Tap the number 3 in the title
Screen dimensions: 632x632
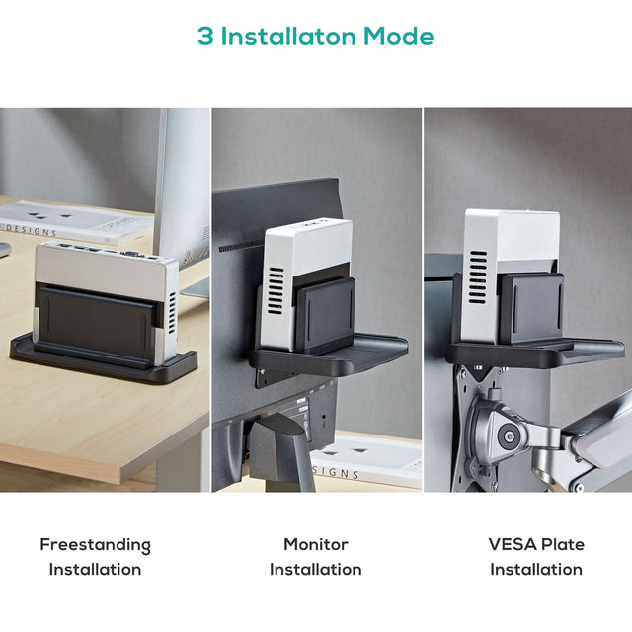tap(205, 37)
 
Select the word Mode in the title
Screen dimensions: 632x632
tap(398, 37)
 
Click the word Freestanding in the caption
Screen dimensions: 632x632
tap(95, 544)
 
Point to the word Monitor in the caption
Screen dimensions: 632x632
tap(316, 544)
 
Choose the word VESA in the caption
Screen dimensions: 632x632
tap(513, 544)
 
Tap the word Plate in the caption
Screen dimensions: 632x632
tap(563, 544)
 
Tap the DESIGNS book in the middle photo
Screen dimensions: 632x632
tap(365, 459)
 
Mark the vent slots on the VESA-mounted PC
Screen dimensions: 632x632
tap(479, 276)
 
